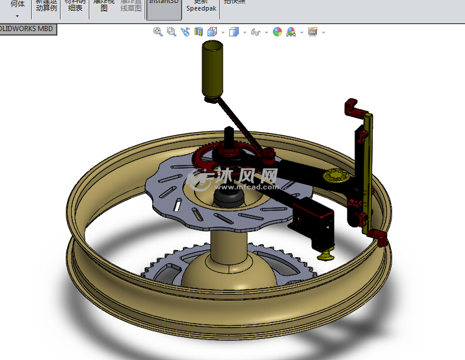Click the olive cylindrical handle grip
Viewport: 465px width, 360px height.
(x=213, y=70)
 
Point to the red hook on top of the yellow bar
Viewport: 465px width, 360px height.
(x=354, y=109)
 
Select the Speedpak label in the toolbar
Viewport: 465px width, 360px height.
(x=200, y=8)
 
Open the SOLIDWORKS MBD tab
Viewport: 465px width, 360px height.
(x=28, y=29)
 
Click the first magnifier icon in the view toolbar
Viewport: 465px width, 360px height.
(x=158, y=32)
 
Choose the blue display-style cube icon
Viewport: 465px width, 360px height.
(x=234, y=32)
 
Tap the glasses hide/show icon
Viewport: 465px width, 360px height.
(x=255, y=32)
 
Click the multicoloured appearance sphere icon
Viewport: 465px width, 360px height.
(x=277, y=32)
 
